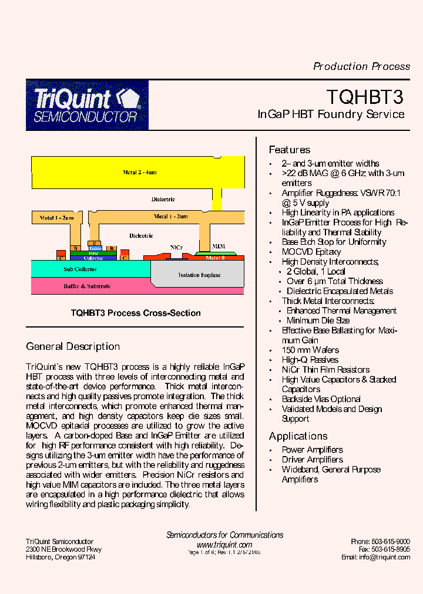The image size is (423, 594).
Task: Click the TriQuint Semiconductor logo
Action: pyautogui.click(x=87, y=105)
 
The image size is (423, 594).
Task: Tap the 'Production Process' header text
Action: pyautogui.click(x=361, y=66)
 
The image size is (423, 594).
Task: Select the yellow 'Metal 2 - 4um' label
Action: pyautogui.click(x=139, y=173)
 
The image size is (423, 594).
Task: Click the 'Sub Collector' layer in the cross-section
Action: pyautogui.click(x=80, y=269)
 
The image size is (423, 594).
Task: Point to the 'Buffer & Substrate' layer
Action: pyautogui.click(x=87, y=286)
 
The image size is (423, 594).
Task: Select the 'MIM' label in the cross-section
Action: pyautogui.click(x=218, y=246)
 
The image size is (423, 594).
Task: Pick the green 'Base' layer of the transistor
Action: pyautogui.click(x=93, y=253)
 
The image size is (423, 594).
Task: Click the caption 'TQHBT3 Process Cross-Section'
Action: pyautogui.click(x=136, y=313)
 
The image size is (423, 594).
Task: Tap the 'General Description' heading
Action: pyautogui.click(x=73, y=346)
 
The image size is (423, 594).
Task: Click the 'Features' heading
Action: pyautogui.click(x=289, y=150)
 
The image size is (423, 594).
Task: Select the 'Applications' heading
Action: pyautogui.click(x=298, y=436)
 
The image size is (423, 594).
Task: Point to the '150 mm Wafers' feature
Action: pyautogui.click(x=310, y=350)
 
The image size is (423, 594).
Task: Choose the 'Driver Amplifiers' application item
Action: pyautogui.click(x=312, y=460)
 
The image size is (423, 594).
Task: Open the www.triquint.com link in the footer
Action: pyautogui.click(x=224, y=545)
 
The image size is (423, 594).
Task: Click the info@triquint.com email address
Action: pyautogui.click(x=384, y=557)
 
